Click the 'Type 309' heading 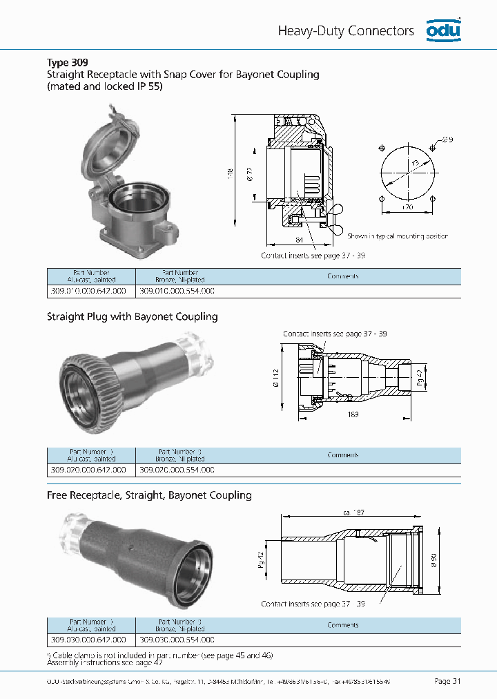67,62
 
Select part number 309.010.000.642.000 88,291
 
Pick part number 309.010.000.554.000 177,291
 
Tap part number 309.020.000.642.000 88,470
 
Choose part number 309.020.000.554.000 177,470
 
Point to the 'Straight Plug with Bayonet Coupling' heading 132,316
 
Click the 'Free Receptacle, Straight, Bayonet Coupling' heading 149,495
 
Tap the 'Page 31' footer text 447,681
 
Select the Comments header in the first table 343,276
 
